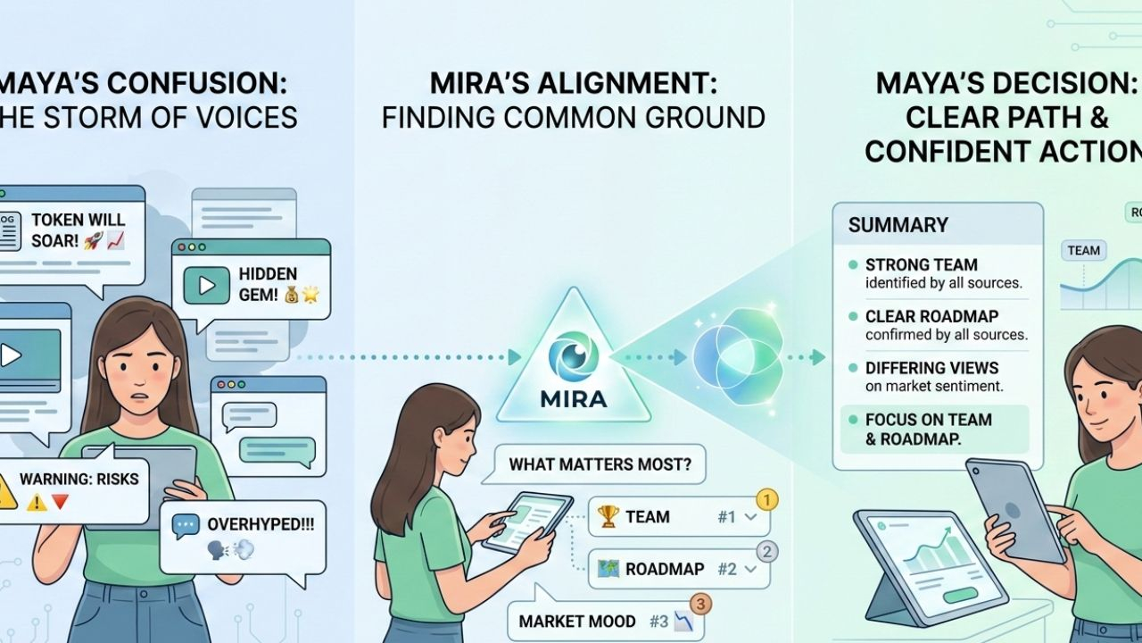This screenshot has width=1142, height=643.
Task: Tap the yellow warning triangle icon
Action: tap(6, 490)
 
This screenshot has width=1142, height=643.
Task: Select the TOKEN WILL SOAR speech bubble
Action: tap(71, 230)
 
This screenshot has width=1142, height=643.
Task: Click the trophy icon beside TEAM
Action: tap(608, 516)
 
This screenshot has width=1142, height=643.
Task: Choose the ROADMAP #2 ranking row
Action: tap(678, 569)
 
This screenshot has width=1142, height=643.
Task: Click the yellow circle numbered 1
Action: tap(766, 499)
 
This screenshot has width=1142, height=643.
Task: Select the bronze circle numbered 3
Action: tap(700, 605)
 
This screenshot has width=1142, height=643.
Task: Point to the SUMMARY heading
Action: tap(898, 225)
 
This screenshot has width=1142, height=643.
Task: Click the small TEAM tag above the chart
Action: tap(1083, 250)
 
